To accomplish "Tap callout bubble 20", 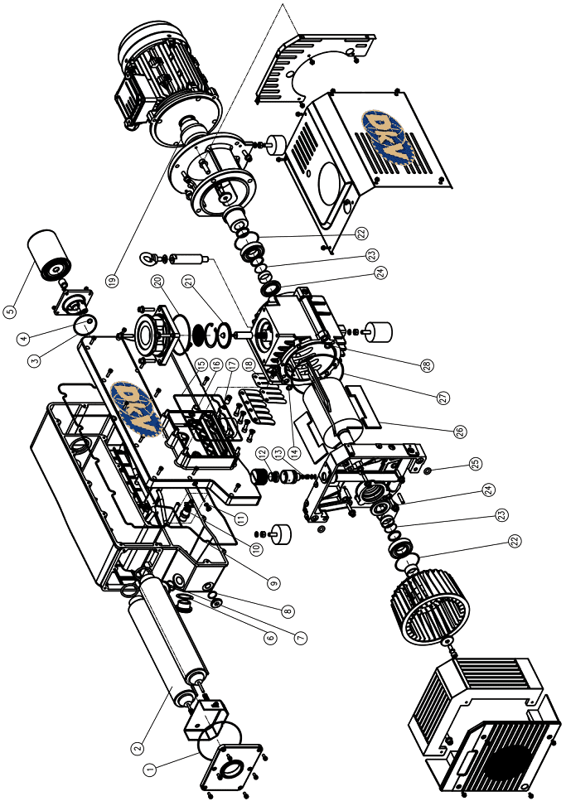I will (157, 280).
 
